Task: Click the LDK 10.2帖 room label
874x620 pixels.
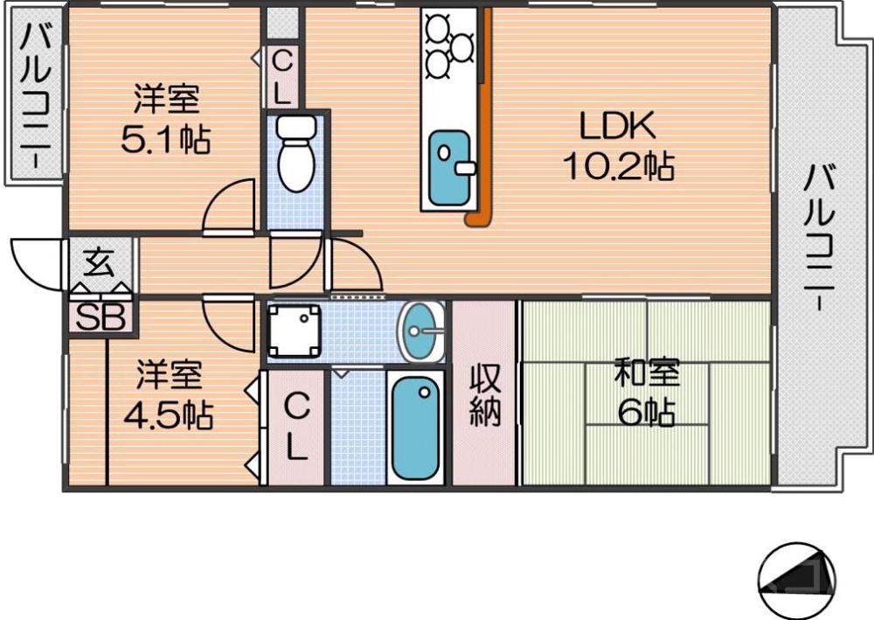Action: tap(618, 145)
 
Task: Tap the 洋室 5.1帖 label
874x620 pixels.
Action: tap(165, 120)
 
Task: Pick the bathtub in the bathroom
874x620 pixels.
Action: tap(415, 428)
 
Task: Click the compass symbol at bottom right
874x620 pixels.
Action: tap(795, 580)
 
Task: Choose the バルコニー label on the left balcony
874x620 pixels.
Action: tap(36, 96)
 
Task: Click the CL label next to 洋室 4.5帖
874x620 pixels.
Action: tap(298, 428)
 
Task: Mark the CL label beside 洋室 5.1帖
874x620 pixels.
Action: tap(281, 77)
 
